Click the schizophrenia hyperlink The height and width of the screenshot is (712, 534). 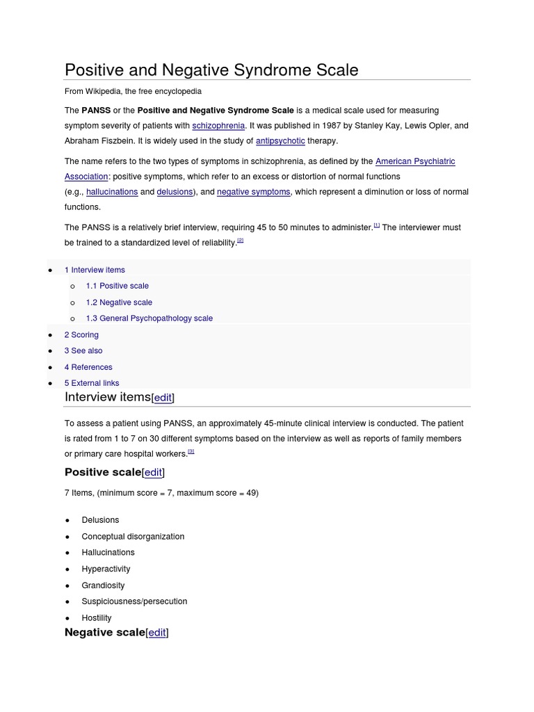[x=218, y=126]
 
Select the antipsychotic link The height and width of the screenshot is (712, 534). [x=280, y=141]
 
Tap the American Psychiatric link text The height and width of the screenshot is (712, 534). [x=415, y=161]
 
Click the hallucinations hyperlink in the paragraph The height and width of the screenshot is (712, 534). [x=112, y=192]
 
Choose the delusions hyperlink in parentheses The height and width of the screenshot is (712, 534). [x=175, y=192]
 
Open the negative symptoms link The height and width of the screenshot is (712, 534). [x=253, y=192]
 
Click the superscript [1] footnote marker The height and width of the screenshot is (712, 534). [x=377, y=225]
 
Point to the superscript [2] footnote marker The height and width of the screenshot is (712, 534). [x=241, y=241]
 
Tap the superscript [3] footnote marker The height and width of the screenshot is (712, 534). [x=191, y=451]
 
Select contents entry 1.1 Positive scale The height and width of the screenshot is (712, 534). [x=117, y=286]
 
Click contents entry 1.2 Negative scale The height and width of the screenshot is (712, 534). [x=119, y=302]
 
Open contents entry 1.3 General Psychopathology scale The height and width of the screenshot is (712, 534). [x=149, y=318]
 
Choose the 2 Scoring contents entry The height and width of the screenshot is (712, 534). [x=81, y=335]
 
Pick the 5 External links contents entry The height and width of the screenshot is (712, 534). [x=92, y=383]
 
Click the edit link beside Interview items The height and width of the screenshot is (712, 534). [x=163, y=398]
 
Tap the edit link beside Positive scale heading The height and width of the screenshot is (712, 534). [x=153, y=473]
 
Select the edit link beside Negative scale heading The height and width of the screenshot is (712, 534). [x=157, y=633]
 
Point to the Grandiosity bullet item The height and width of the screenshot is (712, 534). [x=103, y=585]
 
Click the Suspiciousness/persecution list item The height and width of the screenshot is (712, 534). [x=134, y=601]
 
